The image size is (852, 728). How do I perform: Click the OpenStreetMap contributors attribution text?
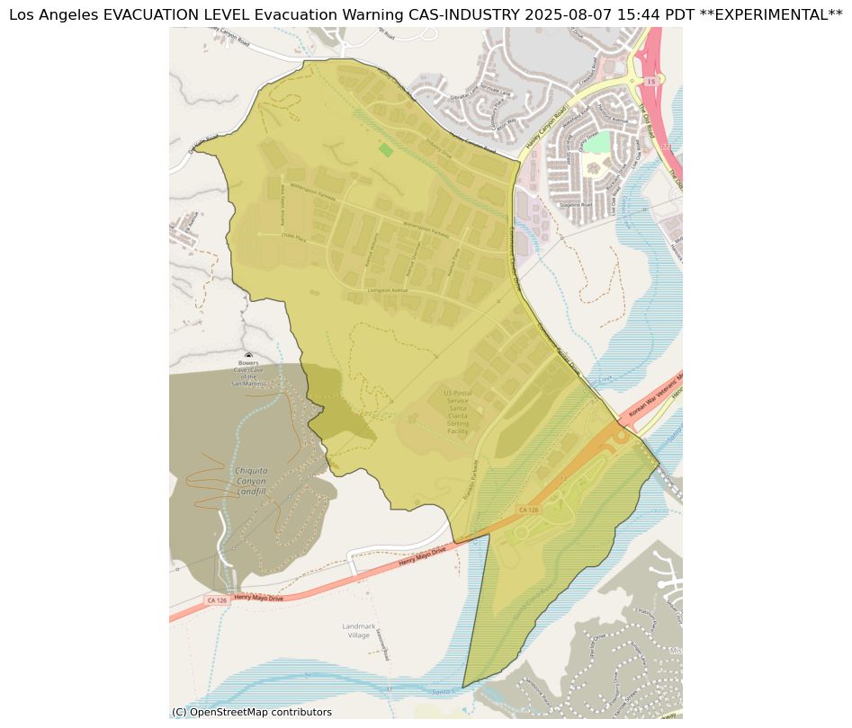(252, 712)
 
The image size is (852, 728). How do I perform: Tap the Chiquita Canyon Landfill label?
(250, 481)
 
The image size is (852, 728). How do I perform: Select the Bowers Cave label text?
(248, 373)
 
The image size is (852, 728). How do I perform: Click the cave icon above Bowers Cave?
(248, 357)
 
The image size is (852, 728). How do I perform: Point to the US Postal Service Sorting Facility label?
(457, 412)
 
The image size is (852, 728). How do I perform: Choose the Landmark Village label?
(359, 630)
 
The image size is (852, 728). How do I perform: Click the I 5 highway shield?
(650, 80)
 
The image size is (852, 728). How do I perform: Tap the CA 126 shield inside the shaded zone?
(529, 510)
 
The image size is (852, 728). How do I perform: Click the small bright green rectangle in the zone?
(386, 149)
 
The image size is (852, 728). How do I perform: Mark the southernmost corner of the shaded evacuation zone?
(462, 688)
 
